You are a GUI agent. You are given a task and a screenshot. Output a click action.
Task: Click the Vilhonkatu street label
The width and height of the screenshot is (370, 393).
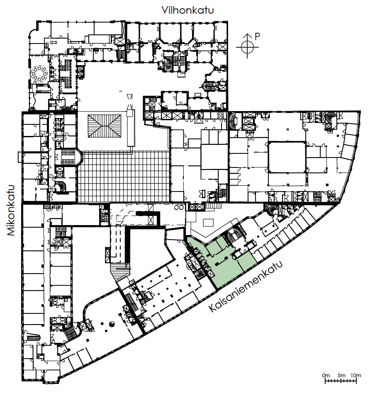tap(187, 10)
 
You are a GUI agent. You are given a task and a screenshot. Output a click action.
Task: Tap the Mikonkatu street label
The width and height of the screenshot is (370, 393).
tap(11, 210)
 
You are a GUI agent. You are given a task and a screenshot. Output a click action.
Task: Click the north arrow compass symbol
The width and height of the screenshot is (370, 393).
tap(247, 46)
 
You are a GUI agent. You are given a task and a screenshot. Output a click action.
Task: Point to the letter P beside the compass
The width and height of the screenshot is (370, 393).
tap(257, 36)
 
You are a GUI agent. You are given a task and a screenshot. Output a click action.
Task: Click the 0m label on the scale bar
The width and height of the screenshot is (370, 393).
tap(326, 375)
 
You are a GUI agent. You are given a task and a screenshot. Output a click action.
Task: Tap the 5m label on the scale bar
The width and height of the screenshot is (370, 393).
tap(341, 375)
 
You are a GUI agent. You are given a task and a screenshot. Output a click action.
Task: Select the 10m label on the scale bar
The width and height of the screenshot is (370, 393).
tap(356, 375)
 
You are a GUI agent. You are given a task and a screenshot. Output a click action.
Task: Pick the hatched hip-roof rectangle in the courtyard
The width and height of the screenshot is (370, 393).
tap(105, 126)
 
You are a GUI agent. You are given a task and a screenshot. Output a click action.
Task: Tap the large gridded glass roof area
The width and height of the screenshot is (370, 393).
tap(124, 177)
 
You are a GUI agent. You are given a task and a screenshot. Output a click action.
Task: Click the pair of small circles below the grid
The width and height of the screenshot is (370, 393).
tap(179, 207)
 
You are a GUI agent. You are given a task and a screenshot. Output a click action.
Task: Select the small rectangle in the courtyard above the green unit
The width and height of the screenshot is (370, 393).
tap(208, 223)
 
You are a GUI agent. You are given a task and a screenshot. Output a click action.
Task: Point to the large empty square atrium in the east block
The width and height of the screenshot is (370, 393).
tap(287, 157)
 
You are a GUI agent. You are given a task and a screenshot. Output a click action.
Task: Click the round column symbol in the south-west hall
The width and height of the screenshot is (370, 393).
tap(112, 324)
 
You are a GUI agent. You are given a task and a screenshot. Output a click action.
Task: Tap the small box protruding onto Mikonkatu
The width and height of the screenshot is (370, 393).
tap(20, 157)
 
